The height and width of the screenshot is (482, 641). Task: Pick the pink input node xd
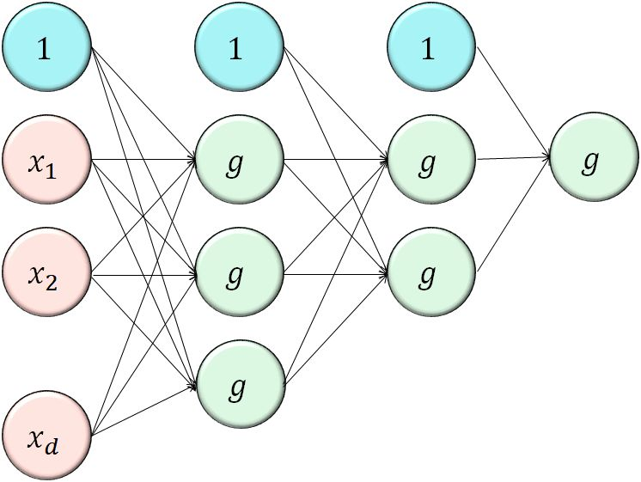pyautogui.click(x=47, y=436)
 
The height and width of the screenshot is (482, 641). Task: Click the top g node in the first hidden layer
pyautogui.click(x=239, y=161)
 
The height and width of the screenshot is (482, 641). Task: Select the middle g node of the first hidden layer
pyautogui.click(x=239, y=275)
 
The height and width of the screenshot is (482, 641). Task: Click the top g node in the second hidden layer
pyautogui.click(x=430, y=161)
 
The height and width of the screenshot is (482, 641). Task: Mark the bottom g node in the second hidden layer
pyautogui.click(x=430, y=275)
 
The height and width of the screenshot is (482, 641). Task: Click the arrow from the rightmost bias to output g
pyautogui.click(x=512, y=103)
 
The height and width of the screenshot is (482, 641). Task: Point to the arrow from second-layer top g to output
pyautogui.click(x=513, y=158)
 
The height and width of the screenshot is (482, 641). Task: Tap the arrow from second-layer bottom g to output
pyautogui.click(x=512, y=215)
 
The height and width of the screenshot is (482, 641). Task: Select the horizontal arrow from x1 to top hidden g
pyautogui.click(x=143, y=160)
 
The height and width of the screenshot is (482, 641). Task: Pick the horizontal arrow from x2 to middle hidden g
pyautogui.click(x=143, y=275)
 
